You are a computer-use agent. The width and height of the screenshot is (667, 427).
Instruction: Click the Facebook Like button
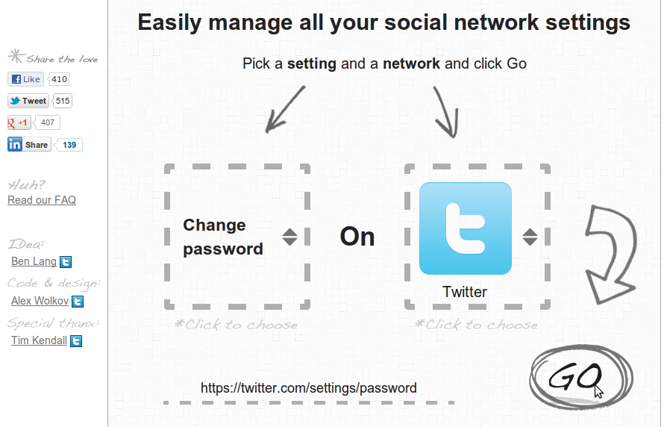25,79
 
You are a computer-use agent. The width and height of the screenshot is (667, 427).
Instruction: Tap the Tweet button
28,101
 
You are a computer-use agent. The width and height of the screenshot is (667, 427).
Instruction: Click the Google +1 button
19,122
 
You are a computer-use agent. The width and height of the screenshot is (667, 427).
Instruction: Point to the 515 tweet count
63,101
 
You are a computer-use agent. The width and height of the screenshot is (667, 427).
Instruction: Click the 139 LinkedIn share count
69,145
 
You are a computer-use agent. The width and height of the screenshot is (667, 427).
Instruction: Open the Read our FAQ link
42,200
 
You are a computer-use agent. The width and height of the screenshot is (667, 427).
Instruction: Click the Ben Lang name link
34,261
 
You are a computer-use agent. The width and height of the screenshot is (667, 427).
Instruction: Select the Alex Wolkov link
40,301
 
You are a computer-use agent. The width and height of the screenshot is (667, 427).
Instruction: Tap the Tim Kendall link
39,340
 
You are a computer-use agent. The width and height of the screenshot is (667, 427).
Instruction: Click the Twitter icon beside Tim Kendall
76,341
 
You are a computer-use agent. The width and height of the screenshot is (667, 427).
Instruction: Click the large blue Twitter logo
466,228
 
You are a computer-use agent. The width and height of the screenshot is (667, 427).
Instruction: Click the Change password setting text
223,237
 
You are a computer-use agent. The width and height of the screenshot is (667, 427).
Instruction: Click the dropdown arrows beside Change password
289,237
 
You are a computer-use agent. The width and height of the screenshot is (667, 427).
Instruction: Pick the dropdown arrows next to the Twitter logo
530,237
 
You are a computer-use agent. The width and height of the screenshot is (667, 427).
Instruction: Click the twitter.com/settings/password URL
309,388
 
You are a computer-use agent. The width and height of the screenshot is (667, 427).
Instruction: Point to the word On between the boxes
357,237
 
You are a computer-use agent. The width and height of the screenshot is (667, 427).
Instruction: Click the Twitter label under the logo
465,292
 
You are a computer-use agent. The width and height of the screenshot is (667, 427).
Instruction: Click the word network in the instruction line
411,64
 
